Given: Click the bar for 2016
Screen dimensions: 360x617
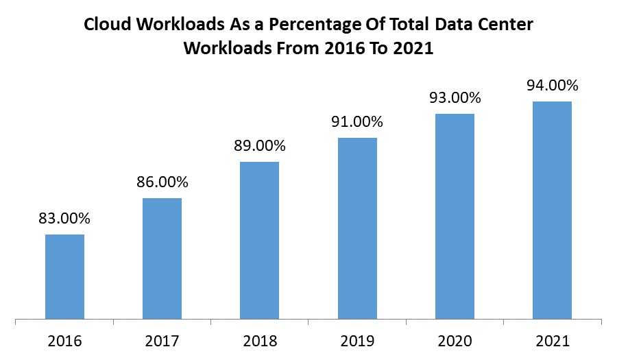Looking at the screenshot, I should coord(64,276).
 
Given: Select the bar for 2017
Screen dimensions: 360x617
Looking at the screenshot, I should coord(162,259).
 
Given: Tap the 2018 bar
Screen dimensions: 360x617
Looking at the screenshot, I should coord(259,240).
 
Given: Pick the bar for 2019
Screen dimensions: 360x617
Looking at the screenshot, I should coord(357,228).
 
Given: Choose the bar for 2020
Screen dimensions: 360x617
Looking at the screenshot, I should coord(455,216).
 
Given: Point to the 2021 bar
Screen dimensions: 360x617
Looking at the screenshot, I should coord(552,210).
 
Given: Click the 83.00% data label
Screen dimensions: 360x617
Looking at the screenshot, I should coord(64,219).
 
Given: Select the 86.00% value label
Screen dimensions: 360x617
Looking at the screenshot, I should coord(162,182).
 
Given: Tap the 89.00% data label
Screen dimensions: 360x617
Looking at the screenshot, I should coord(259,146).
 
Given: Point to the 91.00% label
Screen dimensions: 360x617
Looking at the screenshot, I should coord(357,122).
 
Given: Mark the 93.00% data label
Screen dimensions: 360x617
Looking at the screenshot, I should coord(455,98).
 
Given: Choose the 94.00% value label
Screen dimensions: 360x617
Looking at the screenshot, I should coord(552,86).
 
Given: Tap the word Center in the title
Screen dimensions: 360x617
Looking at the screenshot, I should coord(505,25).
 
